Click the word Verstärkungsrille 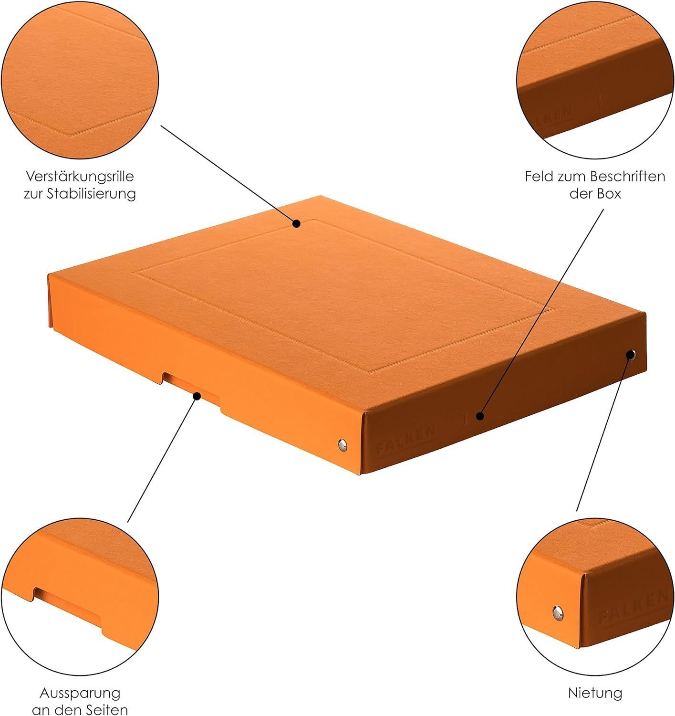(x=80, y=177)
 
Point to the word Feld (x=539, y=177)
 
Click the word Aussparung (x=80, y=693)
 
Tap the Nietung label (x=595, y=693)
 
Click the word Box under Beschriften (x=609, y=194)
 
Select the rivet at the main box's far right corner (x=631, y=355)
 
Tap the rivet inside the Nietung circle (x=558, y=613)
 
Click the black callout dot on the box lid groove (x=296, y=224)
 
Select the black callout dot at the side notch (x=197, y=397)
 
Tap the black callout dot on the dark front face (x=479, y=416)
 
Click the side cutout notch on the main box (x=191, y=392)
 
